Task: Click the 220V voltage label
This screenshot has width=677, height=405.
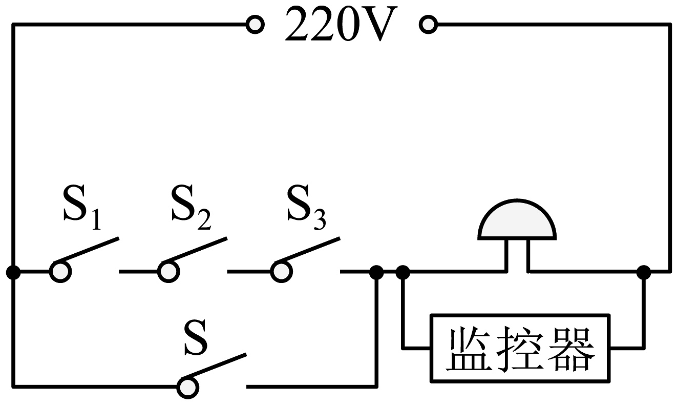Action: tap(341, 24)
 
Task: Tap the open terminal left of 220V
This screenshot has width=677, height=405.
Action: tap(255, 25)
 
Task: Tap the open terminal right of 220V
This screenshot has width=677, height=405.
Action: tap(428, 25)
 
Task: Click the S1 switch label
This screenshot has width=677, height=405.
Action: tap(82, 208)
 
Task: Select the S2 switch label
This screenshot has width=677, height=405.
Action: tap(191, 208)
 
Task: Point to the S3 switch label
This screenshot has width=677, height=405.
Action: tap(306, 208)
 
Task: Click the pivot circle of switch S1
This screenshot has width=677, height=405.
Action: tap(60, 272)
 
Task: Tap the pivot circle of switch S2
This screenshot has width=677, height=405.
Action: tap(168, 272)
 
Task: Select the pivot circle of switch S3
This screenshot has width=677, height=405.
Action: tap(281, 272)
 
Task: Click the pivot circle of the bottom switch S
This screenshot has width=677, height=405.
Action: tap(188, 388)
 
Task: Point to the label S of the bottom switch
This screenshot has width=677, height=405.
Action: tap(196, 337)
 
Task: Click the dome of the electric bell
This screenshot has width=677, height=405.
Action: tap(517, 219)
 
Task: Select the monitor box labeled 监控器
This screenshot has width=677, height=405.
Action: tap(520, 349)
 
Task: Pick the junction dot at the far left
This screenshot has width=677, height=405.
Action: tap(13, 272)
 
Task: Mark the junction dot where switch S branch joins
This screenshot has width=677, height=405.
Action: tap(376, 272)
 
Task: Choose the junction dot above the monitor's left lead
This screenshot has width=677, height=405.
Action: tap(403, 272)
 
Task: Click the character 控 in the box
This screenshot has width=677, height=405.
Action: tap(519, 349)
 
